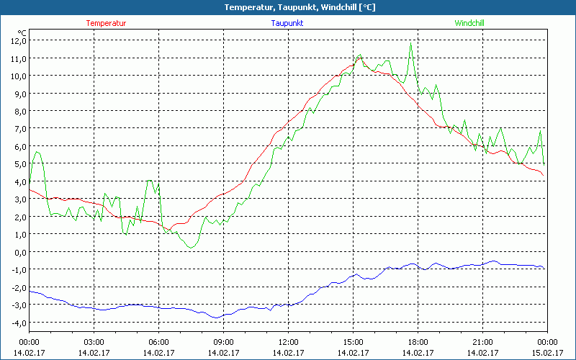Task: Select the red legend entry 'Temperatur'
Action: pyautogui.click(x=106, y=23)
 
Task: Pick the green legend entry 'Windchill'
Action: pyautogui.click(x=469, y=23)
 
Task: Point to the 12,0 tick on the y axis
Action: pyautogui.click(x=17, y=40)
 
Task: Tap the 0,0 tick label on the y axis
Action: pyautogui.click(x=17, y=251)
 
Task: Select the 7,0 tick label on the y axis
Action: pyautogui.click(x=17, y=128)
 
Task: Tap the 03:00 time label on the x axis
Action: pyautogui.click(x=94, y=342)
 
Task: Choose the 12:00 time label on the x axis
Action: pyautogui.click(x=288, y=342)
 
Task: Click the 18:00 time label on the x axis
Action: pyautogui.click(x=418, y=342)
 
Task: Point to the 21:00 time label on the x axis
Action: pyautogui.click(x=482, y=342)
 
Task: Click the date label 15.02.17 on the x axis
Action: pyautogui.click(x=547, y=353)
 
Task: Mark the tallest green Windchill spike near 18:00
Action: pyautogui.click(x=411, y=43)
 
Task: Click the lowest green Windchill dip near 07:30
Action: pyautogui.click(x=190, y=248)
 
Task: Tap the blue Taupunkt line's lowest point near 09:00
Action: pyautogui.click(x=216, y=318)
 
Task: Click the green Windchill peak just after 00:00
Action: pyautogui.click(x=37, y=151)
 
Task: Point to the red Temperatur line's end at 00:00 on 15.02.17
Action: pyautogui.click(x=544, y=175)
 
